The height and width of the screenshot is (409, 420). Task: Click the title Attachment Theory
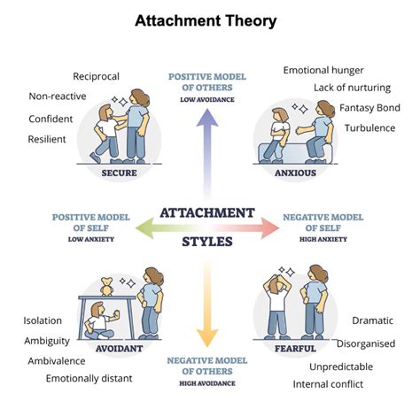(206, 21)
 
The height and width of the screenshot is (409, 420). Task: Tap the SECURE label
(119, 173)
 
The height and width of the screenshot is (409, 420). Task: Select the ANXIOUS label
(295, 173)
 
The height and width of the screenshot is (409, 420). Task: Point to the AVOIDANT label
(119, 349)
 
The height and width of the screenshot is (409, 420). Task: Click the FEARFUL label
(295, 349)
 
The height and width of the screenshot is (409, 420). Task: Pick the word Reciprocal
(96, 76)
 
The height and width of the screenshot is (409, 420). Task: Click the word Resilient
(47, 139)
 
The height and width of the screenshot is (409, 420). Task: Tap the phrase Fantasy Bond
(369, 108)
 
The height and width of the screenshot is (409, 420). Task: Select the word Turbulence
(369, 128)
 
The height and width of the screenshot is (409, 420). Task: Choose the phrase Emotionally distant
(89, 378)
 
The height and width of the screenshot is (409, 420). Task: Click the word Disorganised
(366, 343)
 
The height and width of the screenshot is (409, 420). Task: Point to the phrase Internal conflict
(328, 384)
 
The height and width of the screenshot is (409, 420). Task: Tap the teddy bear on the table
(106, 286)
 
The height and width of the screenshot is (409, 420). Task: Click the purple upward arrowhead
(207, 118)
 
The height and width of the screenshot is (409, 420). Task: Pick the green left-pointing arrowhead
(144, 228)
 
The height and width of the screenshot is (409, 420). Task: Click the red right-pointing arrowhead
(270, 228)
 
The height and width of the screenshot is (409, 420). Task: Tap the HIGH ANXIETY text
(323, 239)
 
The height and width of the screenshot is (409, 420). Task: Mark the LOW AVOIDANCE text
(207, 100)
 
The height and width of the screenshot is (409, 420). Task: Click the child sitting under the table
(100, 321)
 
